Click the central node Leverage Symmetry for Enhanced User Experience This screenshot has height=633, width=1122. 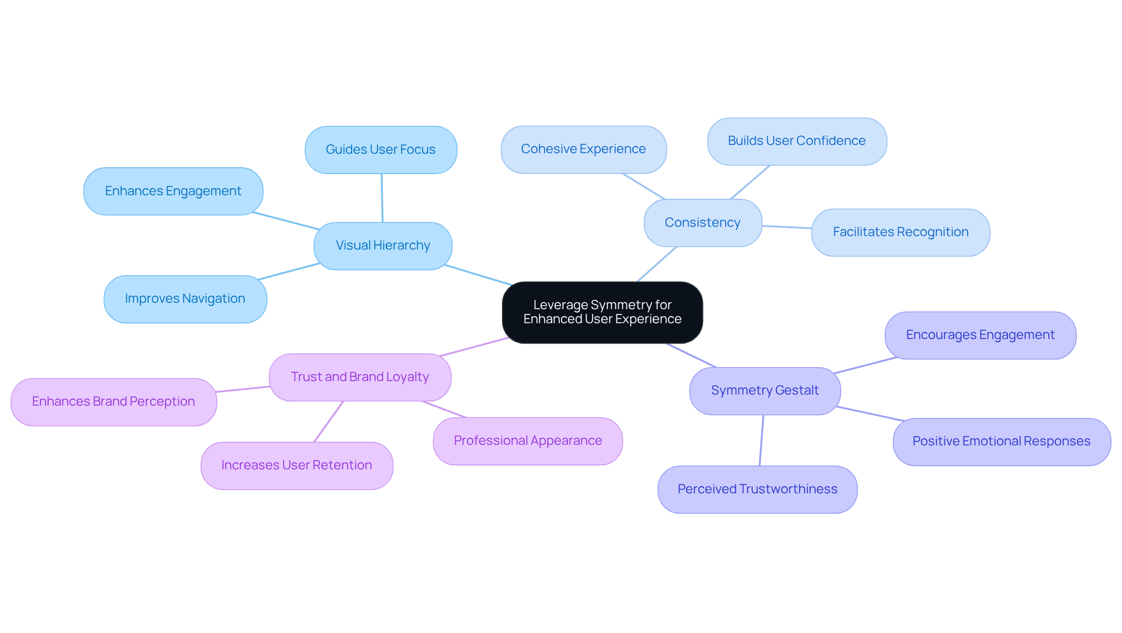click(x=602, y=312)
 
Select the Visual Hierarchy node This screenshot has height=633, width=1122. click(x=383, y=245)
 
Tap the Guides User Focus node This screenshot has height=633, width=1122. click(x=380, y=150)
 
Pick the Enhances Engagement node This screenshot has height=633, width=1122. click(x=173, y=191)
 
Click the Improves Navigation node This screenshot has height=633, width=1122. click(x=185, y=299)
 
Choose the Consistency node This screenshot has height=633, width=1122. click(x=702, y=223)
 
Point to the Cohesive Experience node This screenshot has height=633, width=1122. click(x=583, y=149)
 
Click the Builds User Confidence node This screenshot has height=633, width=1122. click(x=797, y=141)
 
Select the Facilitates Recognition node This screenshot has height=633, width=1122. click(x=901, y=232)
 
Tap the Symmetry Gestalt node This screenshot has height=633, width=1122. click(x=764, y=390)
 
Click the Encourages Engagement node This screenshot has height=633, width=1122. click(x=980, y=335)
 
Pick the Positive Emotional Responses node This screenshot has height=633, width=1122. click(x=1001, y=441)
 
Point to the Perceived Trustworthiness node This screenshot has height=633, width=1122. click(x=757, y=489)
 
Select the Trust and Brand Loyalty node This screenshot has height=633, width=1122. click(x=360, y=377)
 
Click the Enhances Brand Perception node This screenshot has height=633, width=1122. click(x=113, y=402)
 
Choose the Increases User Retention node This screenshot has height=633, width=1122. click(x=297, y=465)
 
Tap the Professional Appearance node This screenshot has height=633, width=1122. click(x=528, y=441)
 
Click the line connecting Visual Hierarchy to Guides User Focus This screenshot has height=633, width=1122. click(x=382, y=198)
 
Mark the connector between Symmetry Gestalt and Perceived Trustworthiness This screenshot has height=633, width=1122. click(x=761, y=440)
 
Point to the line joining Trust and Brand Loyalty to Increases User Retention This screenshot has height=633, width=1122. click(x=328, y=421)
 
